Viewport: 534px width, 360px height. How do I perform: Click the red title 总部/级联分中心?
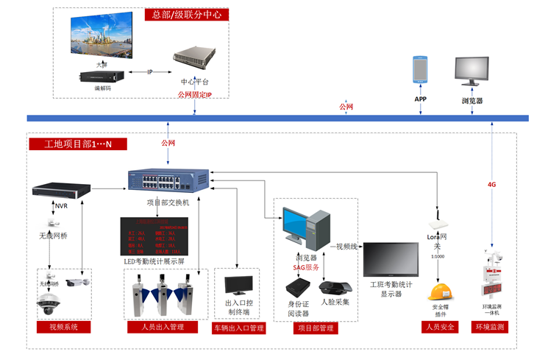click(189, 14)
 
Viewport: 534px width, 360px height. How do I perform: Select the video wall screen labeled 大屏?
click(101, 38)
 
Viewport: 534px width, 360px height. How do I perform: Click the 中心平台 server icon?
click(194, 57)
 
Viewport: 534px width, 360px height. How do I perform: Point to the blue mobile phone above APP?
click(420, 68)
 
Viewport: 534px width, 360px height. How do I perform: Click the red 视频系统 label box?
click(63, 326)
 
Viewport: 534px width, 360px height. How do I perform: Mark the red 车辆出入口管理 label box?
click(238, 328)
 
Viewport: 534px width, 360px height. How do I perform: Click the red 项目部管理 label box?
click(317, 328)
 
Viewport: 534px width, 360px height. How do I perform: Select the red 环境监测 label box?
click(491, 325)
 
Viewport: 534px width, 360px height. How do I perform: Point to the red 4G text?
click(491, 184)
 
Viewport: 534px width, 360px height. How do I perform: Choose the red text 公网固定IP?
click(194, 95)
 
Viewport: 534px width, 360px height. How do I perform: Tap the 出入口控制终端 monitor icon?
click(238, 286)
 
